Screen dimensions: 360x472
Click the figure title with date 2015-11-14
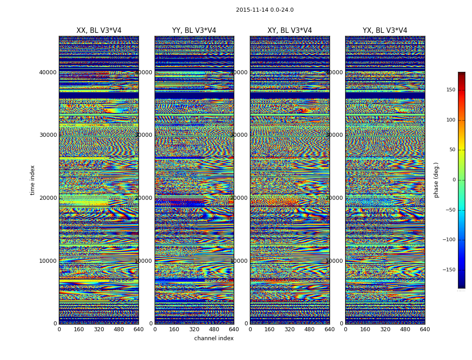click(x=264, y=10)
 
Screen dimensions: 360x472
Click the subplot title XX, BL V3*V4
click(x=99, y=31)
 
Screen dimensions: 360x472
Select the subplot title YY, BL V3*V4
click(x=194, y=31)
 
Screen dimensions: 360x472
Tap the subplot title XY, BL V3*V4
click(x=289, y=31)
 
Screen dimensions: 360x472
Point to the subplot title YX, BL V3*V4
click(x=385, y=31)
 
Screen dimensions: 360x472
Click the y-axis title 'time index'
click(x=32, y=180)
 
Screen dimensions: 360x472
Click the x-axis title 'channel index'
click(x=214, y=338)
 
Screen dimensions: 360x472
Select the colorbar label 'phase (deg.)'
click(x=436, y=180)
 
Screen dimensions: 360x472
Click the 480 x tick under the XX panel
click(x=119, y=329)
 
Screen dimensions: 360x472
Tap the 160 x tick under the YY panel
click(x=174, y=329)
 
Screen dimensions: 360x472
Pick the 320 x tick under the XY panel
click(x=289, y=329)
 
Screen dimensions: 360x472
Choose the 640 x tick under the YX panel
click(x=425, y=329)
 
